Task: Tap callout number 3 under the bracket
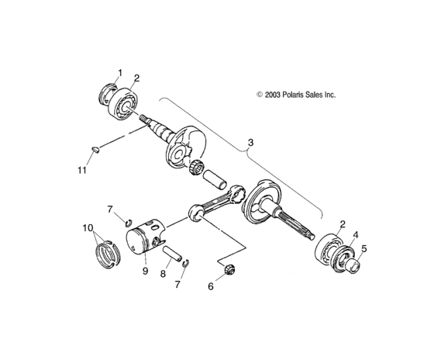[250, 143]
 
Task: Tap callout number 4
[356, 234]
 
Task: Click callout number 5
[365, 250]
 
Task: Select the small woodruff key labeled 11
[95, 150]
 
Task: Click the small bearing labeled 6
[229, 270]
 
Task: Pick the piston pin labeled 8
[174, 254]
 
